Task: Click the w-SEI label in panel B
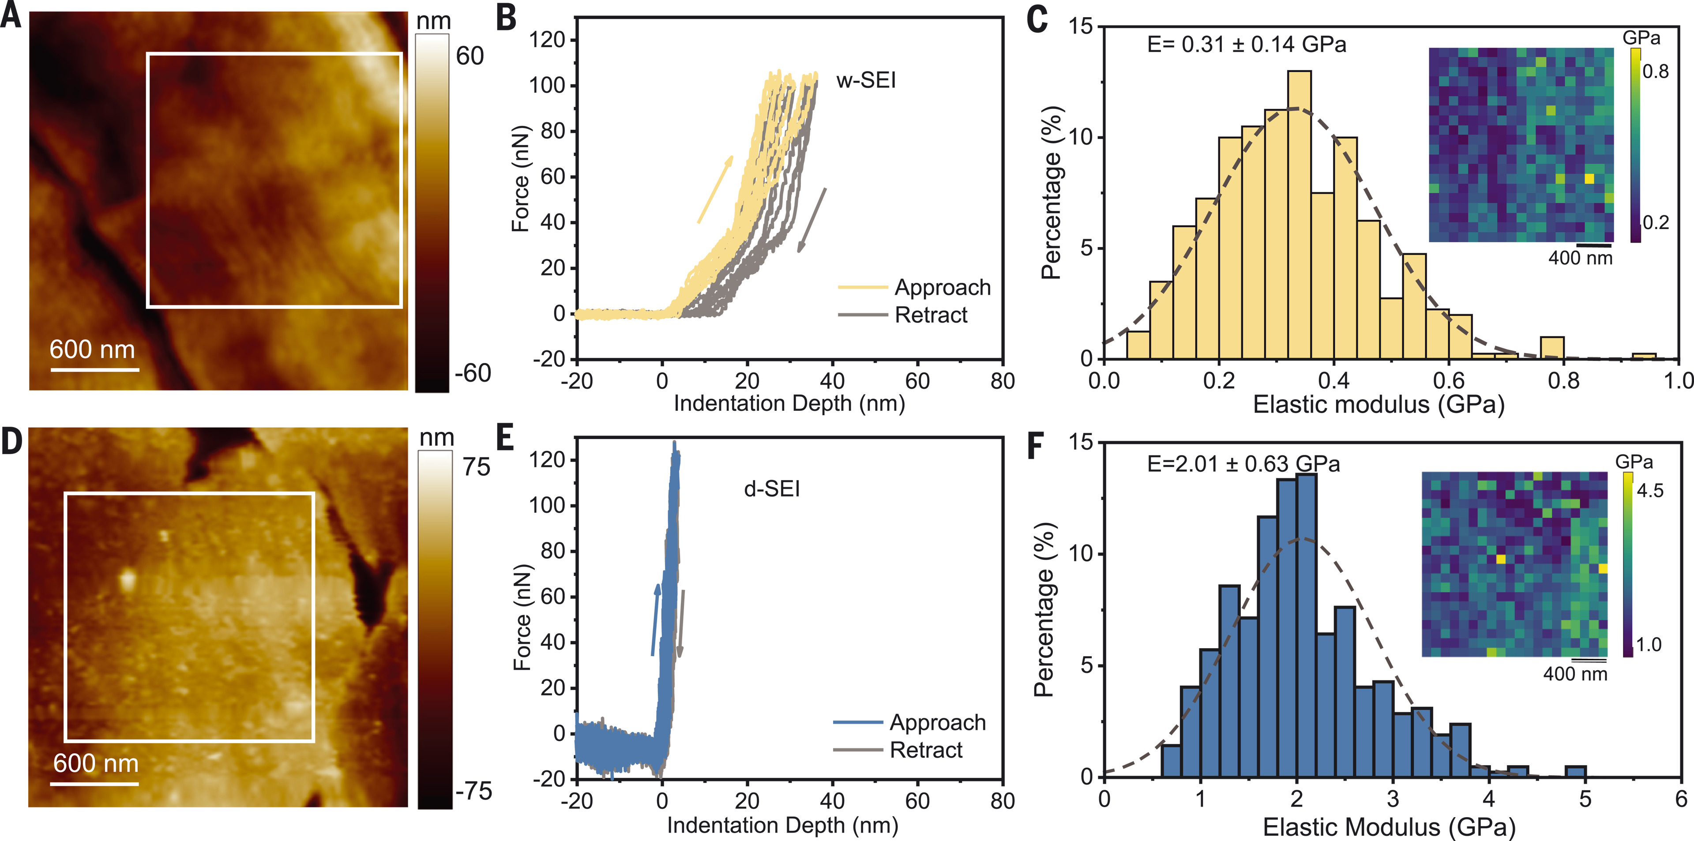point(865,80)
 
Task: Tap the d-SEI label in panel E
point(771,489)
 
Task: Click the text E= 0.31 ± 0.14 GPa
point(1246,45)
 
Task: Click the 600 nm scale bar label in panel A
point(92,349)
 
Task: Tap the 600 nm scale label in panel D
point(96,763)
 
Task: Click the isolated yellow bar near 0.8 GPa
point(1552,348)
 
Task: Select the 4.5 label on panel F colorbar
point(1650,491)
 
